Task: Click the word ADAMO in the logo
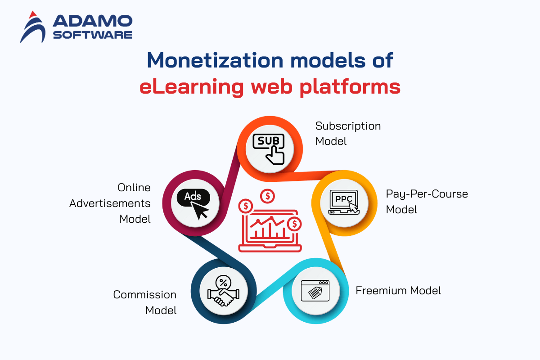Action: [93, 21]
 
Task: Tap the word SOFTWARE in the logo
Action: [93, 35]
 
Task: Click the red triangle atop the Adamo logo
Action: [32, 15]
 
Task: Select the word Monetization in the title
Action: [215, 60]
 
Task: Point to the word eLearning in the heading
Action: [192, 87]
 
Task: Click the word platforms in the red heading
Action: [350, 87]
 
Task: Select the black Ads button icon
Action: [193, 204]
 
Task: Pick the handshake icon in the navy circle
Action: [224, 291]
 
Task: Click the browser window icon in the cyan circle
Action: [315, 291]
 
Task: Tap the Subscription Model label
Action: [348, 133]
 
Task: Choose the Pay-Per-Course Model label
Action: [427, 202]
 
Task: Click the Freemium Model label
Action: [398, 291]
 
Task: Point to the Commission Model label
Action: [144, 302]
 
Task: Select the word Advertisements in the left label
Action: [110, 203]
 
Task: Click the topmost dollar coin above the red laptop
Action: [268, 196]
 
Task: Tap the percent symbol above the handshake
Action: [224, 282]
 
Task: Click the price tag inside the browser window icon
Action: [315, 292]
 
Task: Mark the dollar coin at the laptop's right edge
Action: [294, 224]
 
